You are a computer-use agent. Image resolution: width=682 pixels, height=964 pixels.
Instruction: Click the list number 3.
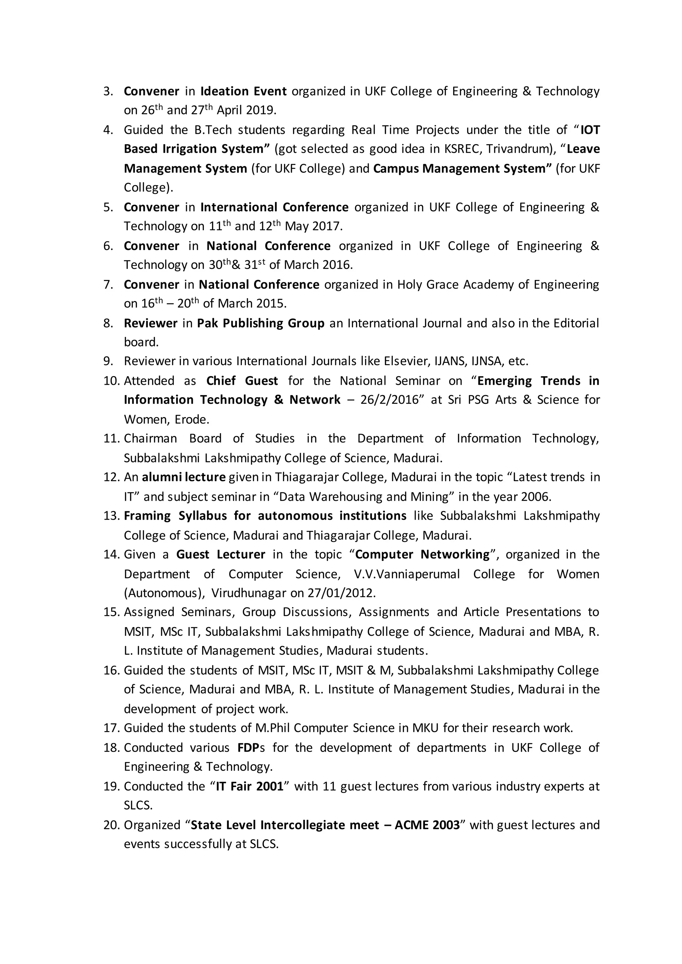pyautogui.click(x=108, y=92)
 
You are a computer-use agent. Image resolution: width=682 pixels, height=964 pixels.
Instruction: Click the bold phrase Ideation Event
pyautogui.click(x=243, y=92)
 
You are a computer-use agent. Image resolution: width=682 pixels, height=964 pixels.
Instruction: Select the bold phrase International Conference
pyautogui.click(x=274, y=207)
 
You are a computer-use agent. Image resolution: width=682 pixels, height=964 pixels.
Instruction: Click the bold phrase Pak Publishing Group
pyautogui.click(x=260, y=323)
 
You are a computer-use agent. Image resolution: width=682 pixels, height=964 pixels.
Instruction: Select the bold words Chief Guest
pyautogui.click(x=242, y=381)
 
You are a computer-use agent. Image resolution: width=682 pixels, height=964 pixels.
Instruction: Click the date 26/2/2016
pyautogui.click(x=390, y=400)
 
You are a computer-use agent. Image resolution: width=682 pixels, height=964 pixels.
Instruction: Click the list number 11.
pyautogui.click(x=112, y=439)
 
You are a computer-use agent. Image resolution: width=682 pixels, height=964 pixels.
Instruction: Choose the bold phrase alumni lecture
pyautogui.click(x=184, y=477)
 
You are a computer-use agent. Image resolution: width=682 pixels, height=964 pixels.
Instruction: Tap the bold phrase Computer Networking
pyautogui.click(x=423, y=555)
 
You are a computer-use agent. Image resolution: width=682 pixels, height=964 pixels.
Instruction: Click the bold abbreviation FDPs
pyautogui.click(x=251, y=748)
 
